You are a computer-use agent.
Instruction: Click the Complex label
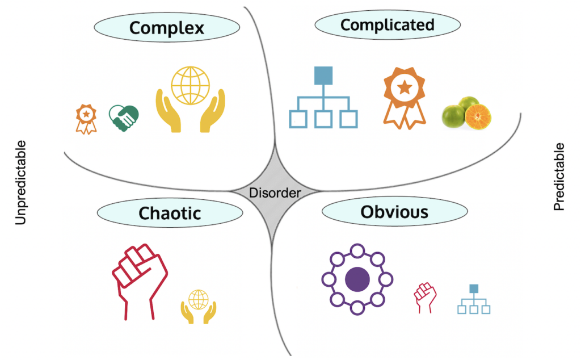(166, 27)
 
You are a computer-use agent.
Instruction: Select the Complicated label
(387, 25)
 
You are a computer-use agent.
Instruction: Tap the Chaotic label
(170, 213)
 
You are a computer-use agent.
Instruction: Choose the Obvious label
(394, 212)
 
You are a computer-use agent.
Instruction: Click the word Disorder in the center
(275, 193)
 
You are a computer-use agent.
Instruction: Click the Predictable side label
(559, 177)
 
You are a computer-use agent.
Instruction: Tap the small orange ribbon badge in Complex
(86, 118)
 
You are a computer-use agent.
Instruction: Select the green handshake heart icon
(124, 116)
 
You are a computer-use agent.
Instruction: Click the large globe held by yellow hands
(190, 85)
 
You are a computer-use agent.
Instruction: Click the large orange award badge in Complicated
(404, 94)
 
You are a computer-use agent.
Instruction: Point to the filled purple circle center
(357, 279)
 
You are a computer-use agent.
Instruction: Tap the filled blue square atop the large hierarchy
(323, 76)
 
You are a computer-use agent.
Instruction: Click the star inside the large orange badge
(404, 87)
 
